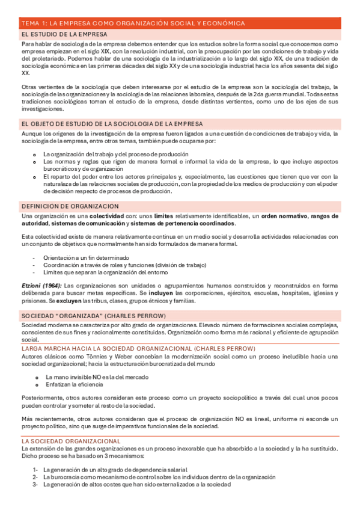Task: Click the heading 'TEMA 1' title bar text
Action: pyautogui.click(x=133, y=23)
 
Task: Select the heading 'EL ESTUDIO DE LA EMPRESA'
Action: pyautogui.click(x=64, y=35)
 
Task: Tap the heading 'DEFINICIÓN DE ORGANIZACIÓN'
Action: pyautogui.click(x=70, y=206)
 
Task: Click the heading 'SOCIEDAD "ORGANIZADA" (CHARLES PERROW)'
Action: pyautogui.click(x=93, y=315)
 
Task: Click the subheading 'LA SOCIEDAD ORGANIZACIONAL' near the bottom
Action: pyautogui.click(x=71, y=441)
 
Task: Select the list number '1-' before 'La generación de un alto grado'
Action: pyautogui.click(x=35, y=470)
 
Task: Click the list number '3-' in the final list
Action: pyautogui.click(x=35, y=484)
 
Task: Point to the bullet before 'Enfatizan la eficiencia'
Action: pyautogui.click(x=37, y=384)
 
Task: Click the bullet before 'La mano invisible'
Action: pyautogui.click(x=37, y=377)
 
